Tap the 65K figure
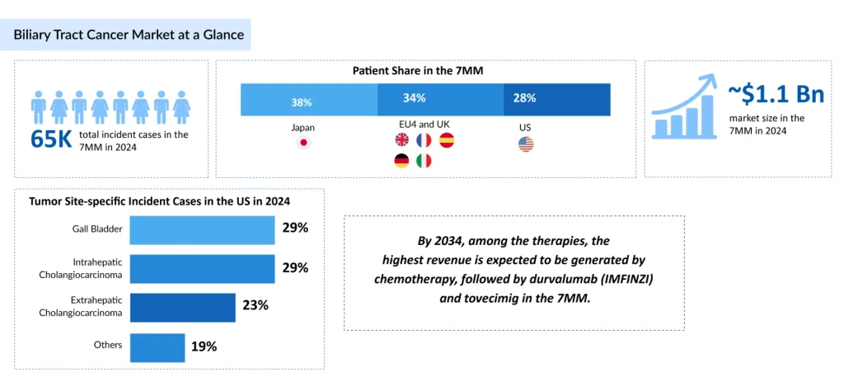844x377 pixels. tap(51, 139)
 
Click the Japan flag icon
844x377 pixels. tap(302, 144)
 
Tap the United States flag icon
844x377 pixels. tap(526, 144)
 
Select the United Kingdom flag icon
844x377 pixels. tap(402, 140)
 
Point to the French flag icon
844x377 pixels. tap(424, 140)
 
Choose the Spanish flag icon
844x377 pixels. tap(447, 140)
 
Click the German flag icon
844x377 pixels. tap(402, 161)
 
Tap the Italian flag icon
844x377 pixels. tap(424, 161)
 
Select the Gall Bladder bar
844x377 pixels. tap(202, 229)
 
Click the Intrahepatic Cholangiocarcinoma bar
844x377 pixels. tap(202, 268)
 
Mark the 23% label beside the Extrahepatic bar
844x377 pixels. tap(256, 306)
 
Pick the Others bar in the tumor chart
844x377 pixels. tap(157, 346)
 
